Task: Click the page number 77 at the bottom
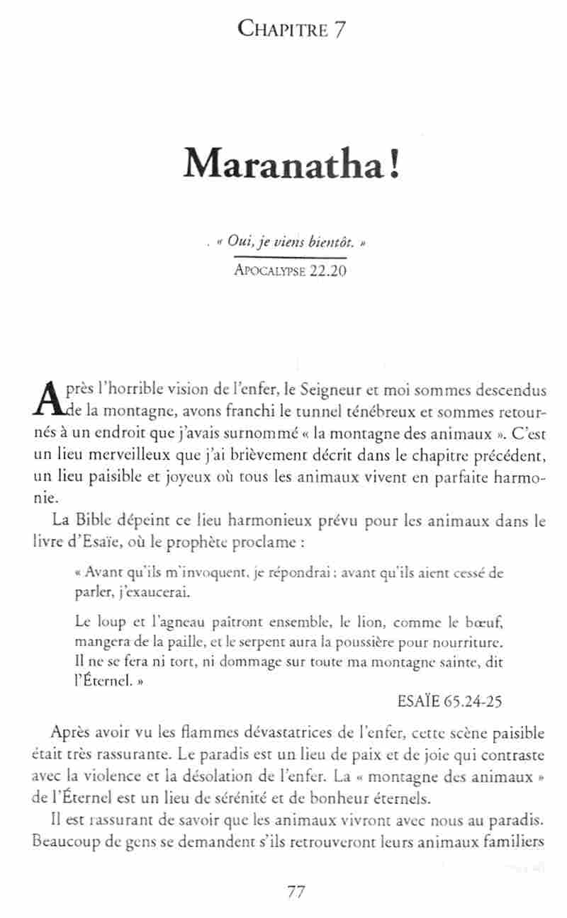pyautogui.click(x=296, y=892)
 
